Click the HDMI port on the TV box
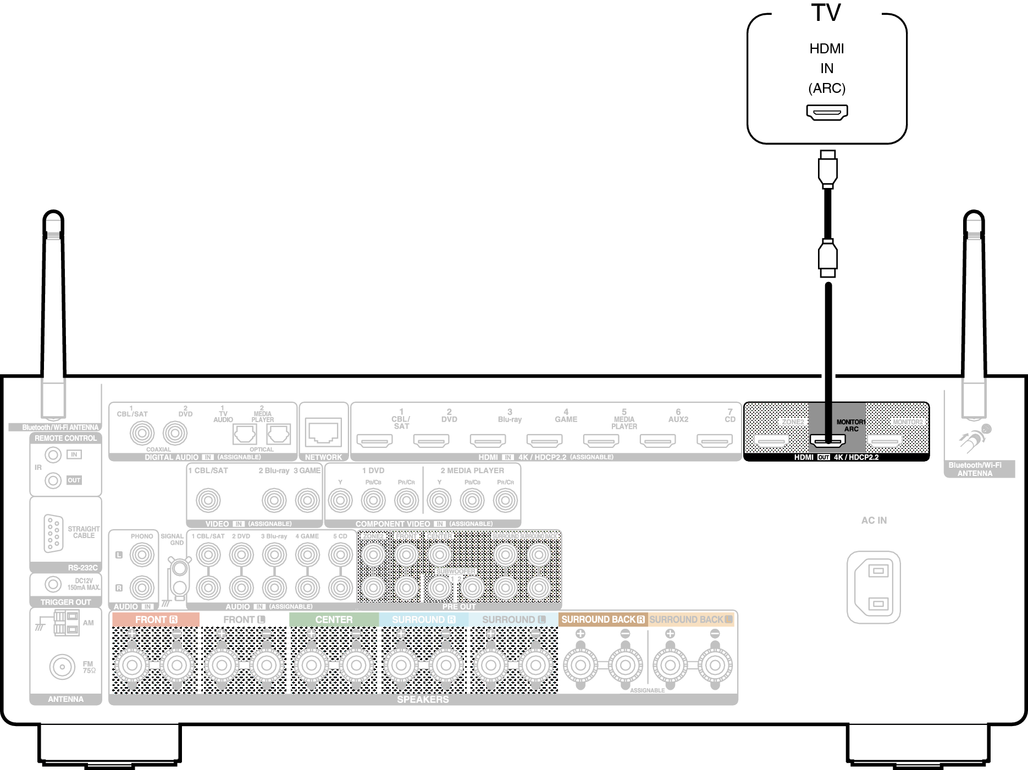point(827,112)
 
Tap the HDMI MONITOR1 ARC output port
point(827,440)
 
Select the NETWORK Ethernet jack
point(323,433)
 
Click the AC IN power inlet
point(874,587)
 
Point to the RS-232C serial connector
point(53,533)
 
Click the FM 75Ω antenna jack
point(62,667)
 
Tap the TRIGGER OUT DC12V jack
point(53,584)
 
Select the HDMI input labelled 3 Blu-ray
point(488,440)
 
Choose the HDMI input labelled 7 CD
point(714,440)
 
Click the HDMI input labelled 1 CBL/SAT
point(374,440)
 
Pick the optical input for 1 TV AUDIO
point(245,434)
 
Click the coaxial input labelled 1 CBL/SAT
point(142,433)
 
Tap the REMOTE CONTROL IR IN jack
point(53,455)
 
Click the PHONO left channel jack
point(142,555)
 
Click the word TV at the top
point(826,13)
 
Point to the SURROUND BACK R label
point(603,619)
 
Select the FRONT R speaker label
point(156,619)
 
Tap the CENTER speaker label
point(334,619)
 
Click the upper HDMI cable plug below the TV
point(827,168)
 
